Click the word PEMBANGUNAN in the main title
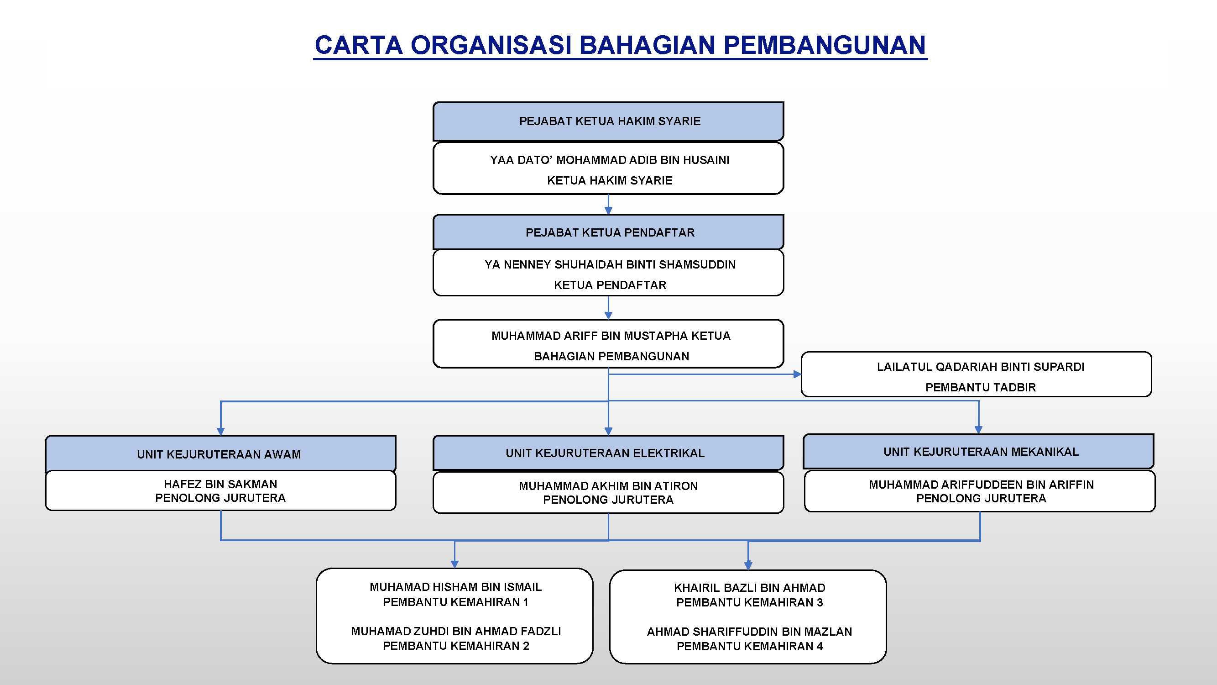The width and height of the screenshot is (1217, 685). [x=825, y=45]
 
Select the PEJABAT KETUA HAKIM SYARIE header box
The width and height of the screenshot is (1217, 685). [x=609, y=121]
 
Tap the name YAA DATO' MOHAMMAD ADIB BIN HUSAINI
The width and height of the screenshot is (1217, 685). [x=610, y=160]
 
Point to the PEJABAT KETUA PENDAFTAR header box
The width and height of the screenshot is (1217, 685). [x=609, y=232]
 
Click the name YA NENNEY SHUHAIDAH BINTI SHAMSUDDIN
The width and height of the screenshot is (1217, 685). [x=610, y=264]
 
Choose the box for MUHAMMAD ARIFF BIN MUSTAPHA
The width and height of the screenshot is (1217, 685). [x=609, y=344]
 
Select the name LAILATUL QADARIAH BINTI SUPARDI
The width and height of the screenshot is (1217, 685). [x=980, y=367]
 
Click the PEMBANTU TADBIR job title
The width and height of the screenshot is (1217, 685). [x=980, y=387]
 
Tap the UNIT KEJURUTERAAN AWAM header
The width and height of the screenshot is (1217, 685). [x=220, y=454]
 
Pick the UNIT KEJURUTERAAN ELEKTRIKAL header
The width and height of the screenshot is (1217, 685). [x=609, y=453]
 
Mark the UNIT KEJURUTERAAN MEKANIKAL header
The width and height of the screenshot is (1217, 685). [x=978, y=452]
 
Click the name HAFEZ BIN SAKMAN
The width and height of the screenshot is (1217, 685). [x=220, y=484]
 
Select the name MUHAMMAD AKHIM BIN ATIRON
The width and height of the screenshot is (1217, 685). [x=609, y=486]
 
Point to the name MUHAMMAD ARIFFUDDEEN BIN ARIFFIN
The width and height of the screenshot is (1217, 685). [x=981, y=485]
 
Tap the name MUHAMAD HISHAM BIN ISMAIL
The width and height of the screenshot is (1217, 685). [x=455, y=587]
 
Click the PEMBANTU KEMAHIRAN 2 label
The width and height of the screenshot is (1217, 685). [x=456, y=646]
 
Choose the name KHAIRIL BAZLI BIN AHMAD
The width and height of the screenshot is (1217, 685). [x=749, y=588]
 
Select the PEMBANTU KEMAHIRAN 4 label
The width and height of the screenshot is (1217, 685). [x=749, y=646]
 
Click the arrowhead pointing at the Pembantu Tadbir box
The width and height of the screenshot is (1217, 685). [x=798, y=374]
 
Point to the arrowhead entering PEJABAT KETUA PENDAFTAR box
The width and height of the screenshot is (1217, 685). [x=609, y=211]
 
